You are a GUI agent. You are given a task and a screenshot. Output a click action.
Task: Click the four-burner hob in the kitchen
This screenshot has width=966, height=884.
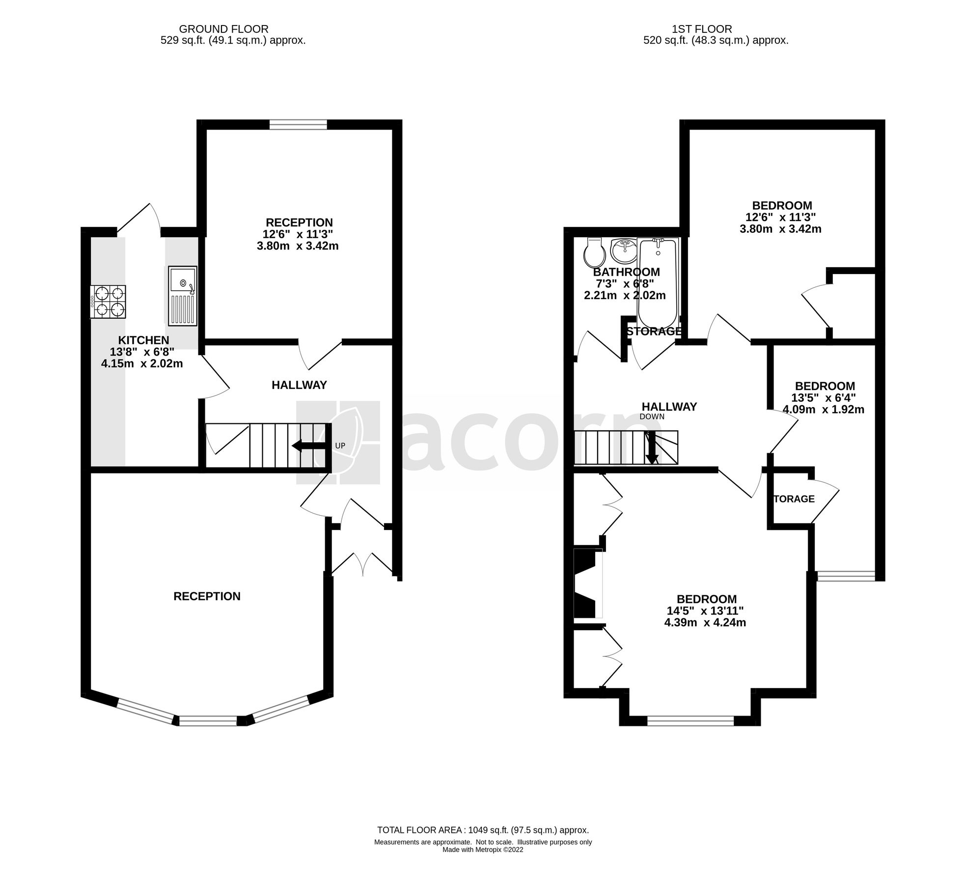[108, 302]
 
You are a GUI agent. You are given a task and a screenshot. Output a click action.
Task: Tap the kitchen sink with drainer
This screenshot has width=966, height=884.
[182, 296]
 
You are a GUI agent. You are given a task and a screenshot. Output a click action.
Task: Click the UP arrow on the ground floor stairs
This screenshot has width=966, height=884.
[308, 445]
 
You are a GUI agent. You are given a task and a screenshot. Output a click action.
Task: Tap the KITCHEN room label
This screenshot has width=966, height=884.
[143, 340]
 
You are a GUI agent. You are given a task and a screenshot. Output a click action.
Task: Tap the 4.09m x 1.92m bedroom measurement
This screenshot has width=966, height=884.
[824, 409]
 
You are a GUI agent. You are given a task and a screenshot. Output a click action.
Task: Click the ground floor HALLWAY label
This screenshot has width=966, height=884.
[299, 385]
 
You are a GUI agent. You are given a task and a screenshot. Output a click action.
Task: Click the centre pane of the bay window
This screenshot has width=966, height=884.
[208, 720]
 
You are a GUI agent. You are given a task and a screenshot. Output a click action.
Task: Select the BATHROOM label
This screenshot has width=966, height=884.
[626, 272]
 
